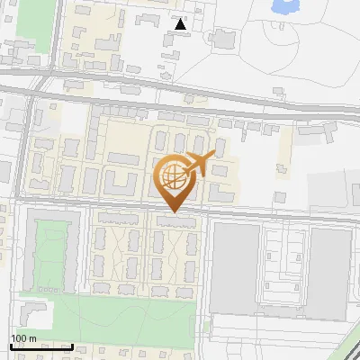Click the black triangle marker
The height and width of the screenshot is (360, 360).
181,24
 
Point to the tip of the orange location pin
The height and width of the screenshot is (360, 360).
174,211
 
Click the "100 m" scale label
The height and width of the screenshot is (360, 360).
23,338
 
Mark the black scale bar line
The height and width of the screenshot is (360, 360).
41,346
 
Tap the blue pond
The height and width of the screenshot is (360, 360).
285,6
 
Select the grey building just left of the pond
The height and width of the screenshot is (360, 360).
220,38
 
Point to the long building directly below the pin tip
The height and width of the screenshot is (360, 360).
175,220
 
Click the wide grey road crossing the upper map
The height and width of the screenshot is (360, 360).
180,100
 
